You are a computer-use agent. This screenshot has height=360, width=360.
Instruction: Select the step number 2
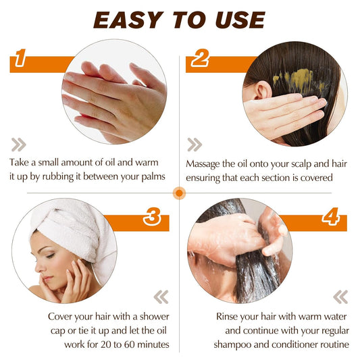pyautogui.click(x=200, y=60)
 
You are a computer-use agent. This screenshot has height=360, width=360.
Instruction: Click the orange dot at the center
pyautogui.click(x=180, y=192)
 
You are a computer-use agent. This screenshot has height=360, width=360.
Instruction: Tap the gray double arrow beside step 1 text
pyautogui.click(x=19, y=143)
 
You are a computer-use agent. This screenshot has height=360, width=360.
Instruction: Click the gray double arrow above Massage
pyautogui.click(x=195, y=144)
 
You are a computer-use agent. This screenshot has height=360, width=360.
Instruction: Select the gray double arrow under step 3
pyautogui.click(x=161, y=297)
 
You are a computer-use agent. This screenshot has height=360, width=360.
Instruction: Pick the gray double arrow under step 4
pyautogui.click(x=340, y=297)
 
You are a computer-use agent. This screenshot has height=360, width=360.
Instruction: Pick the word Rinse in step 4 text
pyautogui.click(x=230, y=316)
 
